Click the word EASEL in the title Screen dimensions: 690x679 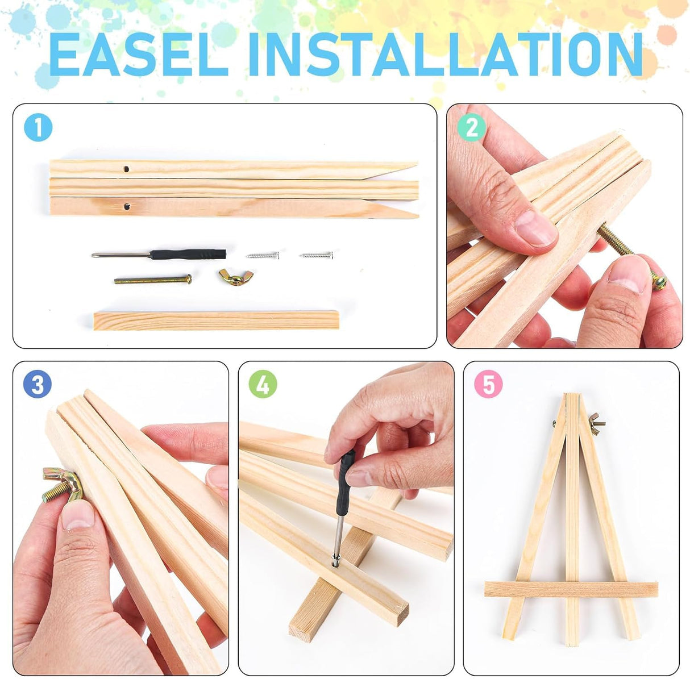click(x=138, y=54)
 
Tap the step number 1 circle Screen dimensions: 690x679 click(x=38, y=127)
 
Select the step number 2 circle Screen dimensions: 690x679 click(x=472, y=127)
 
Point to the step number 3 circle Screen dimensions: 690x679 click(x=38, y=384)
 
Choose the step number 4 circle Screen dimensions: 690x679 click(x=263, y=384)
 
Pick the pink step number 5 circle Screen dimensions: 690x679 click(x=488, y=384)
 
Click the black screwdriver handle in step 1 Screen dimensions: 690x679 click(x=188, y=254)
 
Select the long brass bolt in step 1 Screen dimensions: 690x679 click(x=153, y=280)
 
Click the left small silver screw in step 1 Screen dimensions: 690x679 click(x=263, y=255)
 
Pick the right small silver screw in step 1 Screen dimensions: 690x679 click(x=317, y=255)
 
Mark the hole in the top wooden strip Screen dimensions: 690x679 click(x=126, y=169)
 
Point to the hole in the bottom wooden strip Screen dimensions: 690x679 click(x=127, y=206)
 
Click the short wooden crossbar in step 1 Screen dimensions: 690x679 click(x=216, y=320)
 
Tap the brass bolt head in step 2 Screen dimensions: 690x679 click(x=659, y=281)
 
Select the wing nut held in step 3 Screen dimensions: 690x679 click(x=63, y=485)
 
